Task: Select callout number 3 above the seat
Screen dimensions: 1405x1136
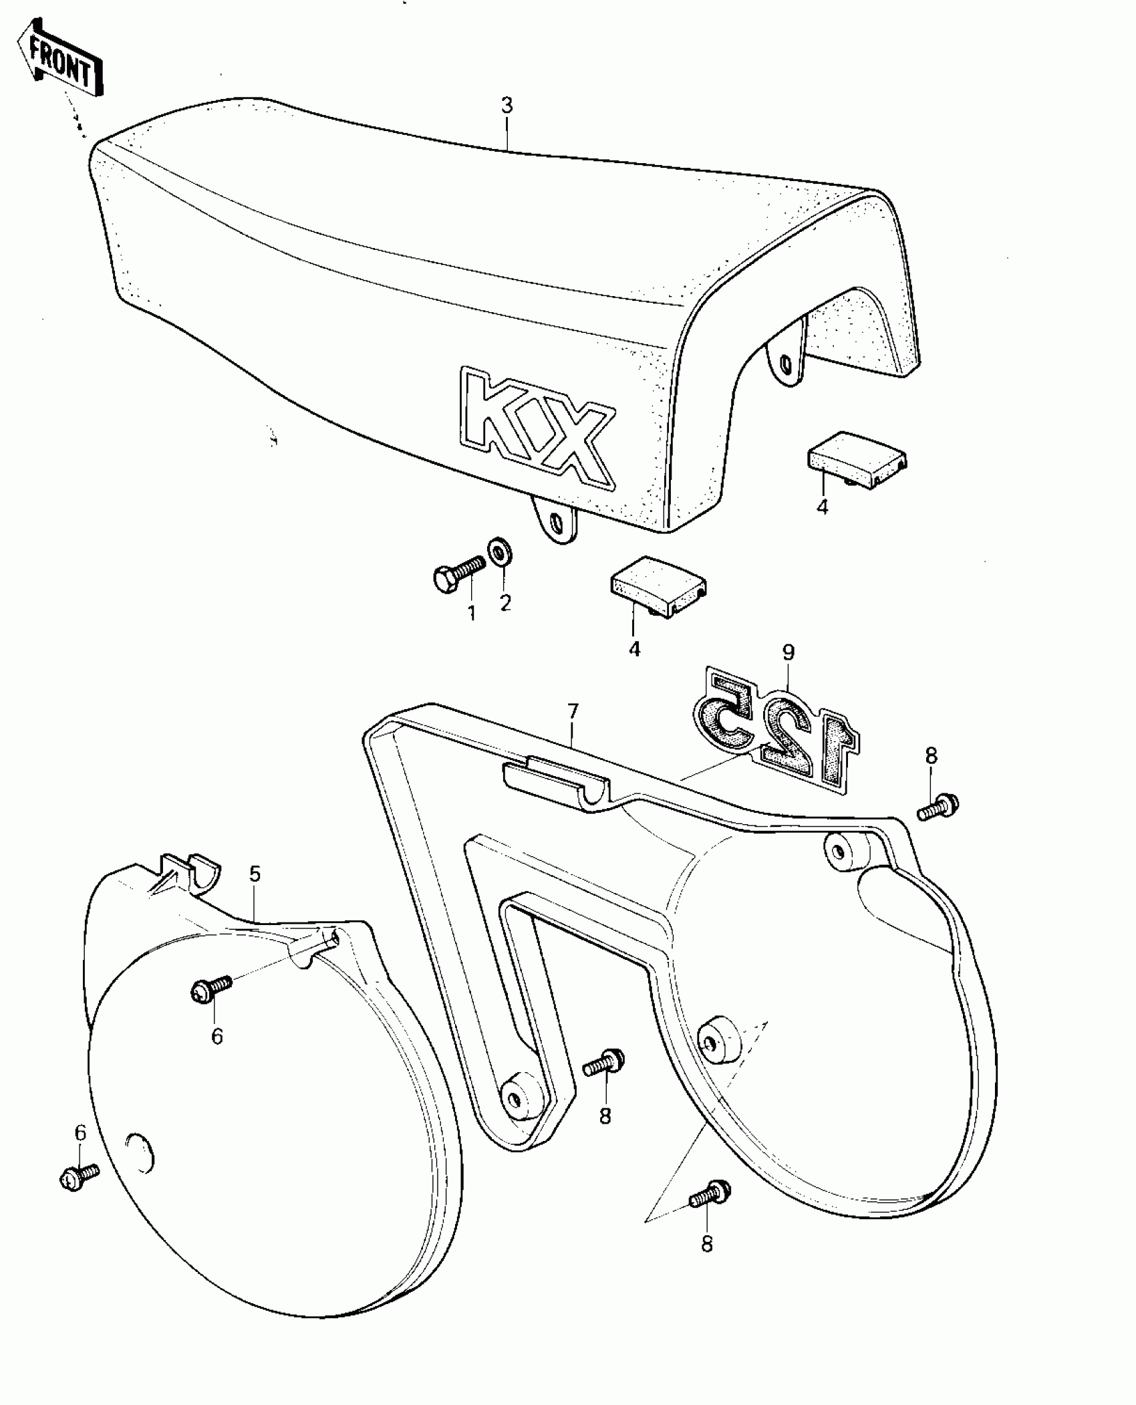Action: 507,106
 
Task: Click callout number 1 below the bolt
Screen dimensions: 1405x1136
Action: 472,614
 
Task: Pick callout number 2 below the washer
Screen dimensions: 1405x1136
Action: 505,603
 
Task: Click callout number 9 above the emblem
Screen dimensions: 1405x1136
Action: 789,652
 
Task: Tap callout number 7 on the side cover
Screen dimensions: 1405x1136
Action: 573,713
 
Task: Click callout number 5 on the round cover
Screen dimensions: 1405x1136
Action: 255,874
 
